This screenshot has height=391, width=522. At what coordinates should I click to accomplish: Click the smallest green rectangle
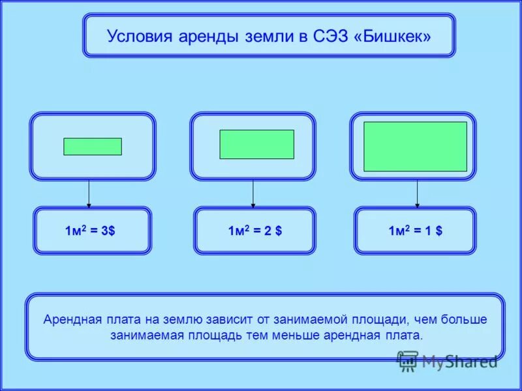93,147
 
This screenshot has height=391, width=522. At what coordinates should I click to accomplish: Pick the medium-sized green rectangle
256,144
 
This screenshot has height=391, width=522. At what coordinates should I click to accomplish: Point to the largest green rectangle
415,147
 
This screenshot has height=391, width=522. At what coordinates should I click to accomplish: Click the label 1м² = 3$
90,231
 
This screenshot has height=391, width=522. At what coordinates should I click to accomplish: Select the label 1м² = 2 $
254,231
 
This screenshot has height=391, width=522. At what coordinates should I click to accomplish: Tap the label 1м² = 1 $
415,231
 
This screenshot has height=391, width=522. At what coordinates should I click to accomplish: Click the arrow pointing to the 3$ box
89,194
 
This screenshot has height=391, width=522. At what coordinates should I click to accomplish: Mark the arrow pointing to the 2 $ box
253,194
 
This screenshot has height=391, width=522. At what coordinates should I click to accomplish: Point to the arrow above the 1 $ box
417,194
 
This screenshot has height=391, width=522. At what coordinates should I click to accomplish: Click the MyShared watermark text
459,360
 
